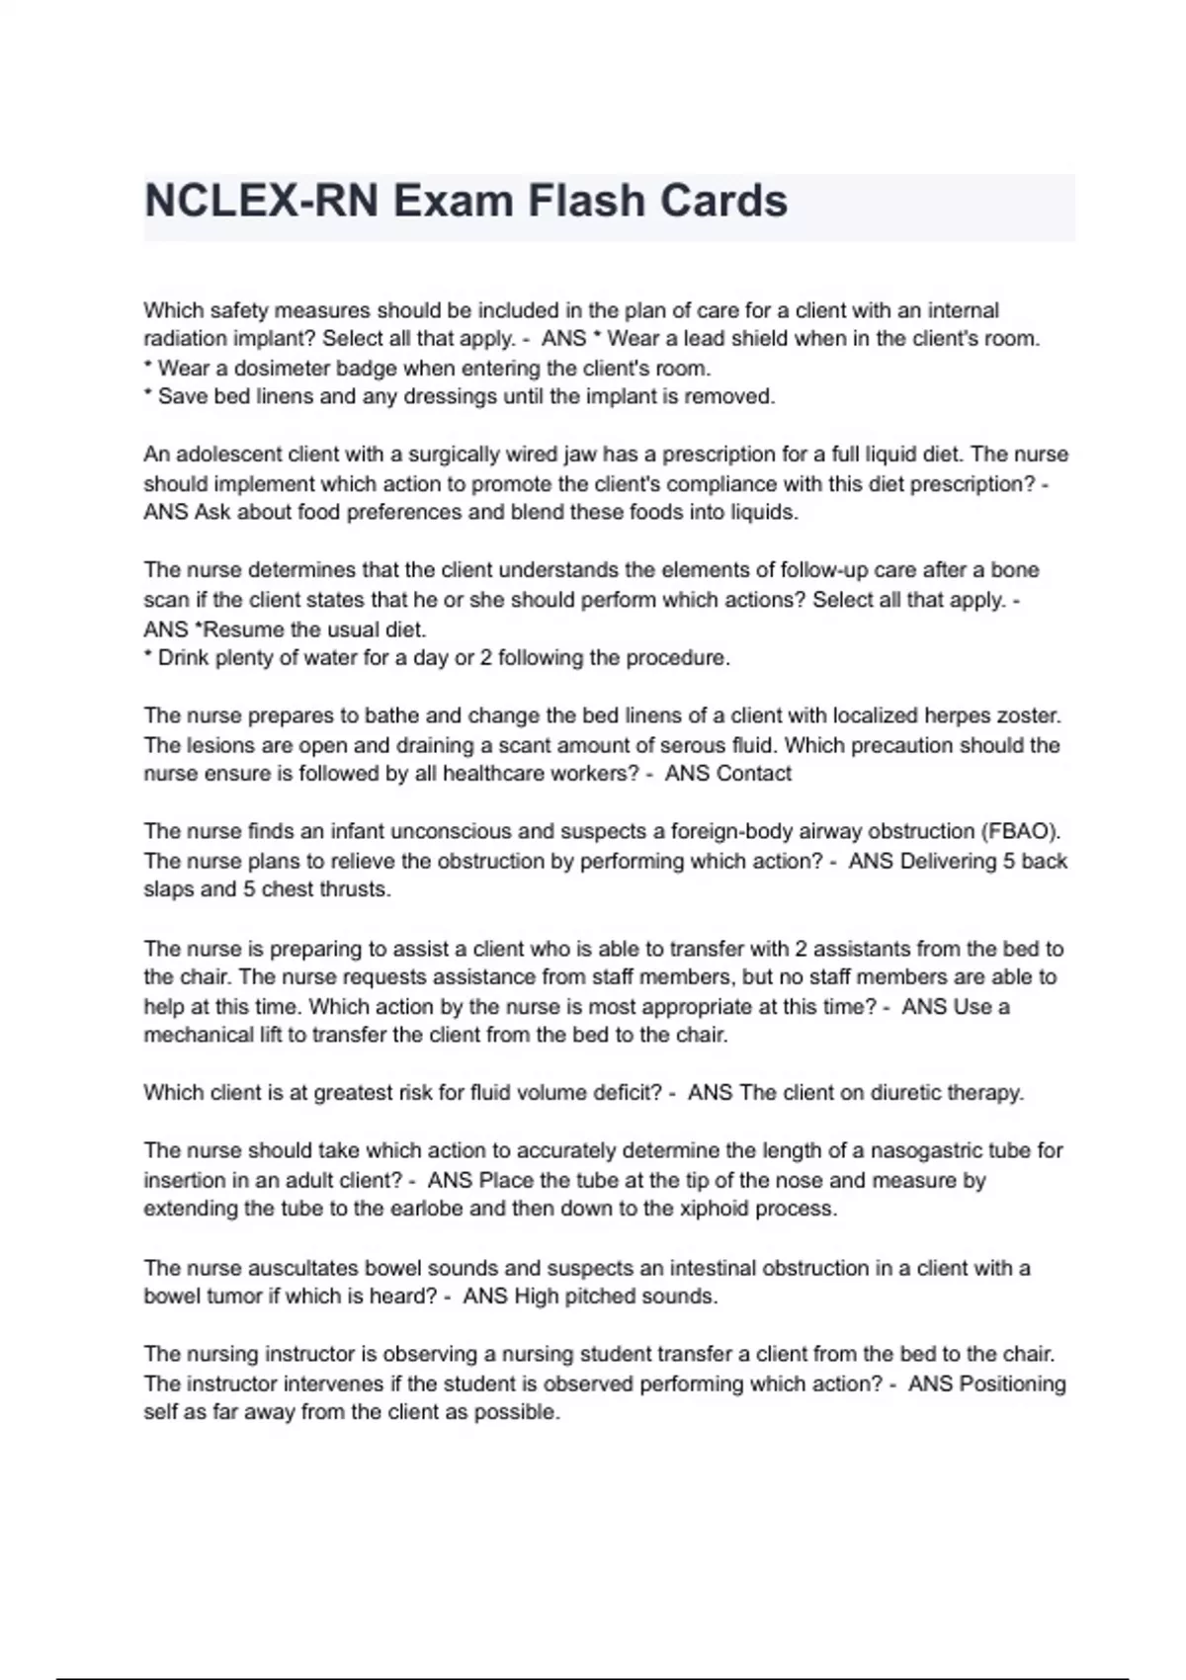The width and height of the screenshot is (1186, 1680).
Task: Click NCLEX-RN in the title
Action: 261,202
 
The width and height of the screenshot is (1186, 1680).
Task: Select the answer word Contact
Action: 756,774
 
